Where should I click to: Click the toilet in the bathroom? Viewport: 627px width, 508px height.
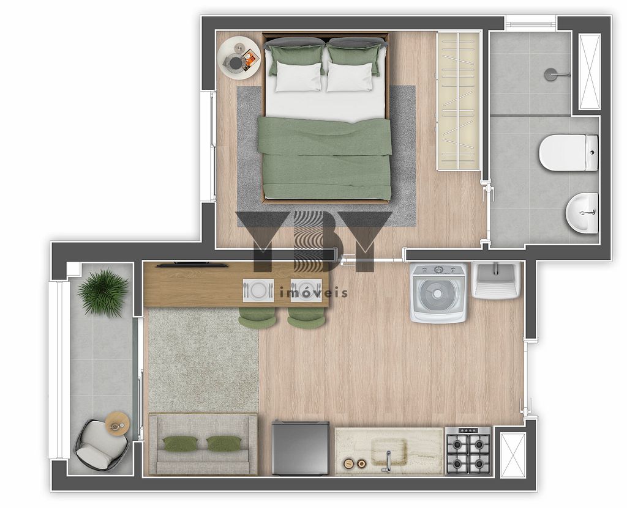568,153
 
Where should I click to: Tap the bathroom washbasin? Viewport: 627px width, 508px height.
582,213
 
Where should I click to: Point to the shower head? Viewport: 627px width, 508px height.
550,74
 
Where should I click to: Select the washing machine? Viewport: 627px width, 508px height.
438,293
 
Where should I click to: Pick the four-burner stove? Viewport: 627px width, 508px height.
468,451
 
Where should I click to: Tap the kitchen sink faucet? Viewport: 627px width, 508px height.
388,461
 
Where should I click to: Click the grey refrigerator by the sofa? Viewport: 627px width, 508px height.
300,447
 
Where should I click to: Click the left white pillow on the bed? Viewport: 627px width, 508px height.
299,77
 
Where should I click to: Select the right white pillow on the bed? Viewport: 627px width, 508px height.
350,77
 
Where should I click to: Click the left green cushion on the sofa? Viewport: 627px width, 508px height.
181,443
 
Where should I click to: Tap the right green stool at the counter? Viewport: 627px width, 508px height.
306,317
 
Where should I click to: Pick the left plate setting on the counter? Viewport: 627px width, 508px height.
258,290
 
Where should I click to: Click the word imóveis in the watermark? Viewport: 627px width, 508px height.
313,293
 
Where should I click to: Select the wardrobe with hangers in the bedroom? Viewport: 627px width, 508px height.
458,101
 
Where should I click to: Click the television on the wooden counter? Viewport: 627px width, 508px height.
192,264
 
